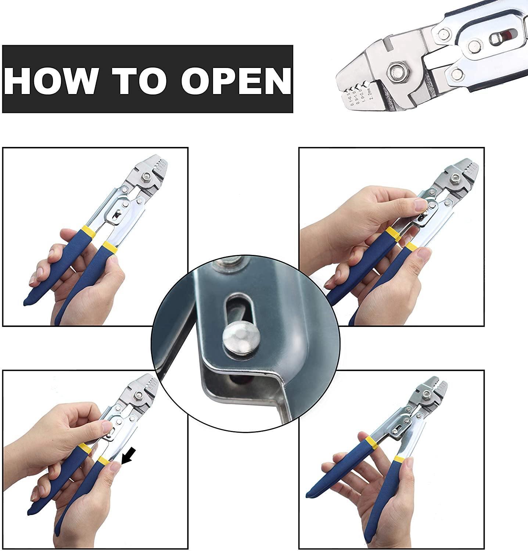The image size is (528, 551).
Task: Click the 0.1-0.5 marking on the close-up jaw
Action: (x=348, y=99)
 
